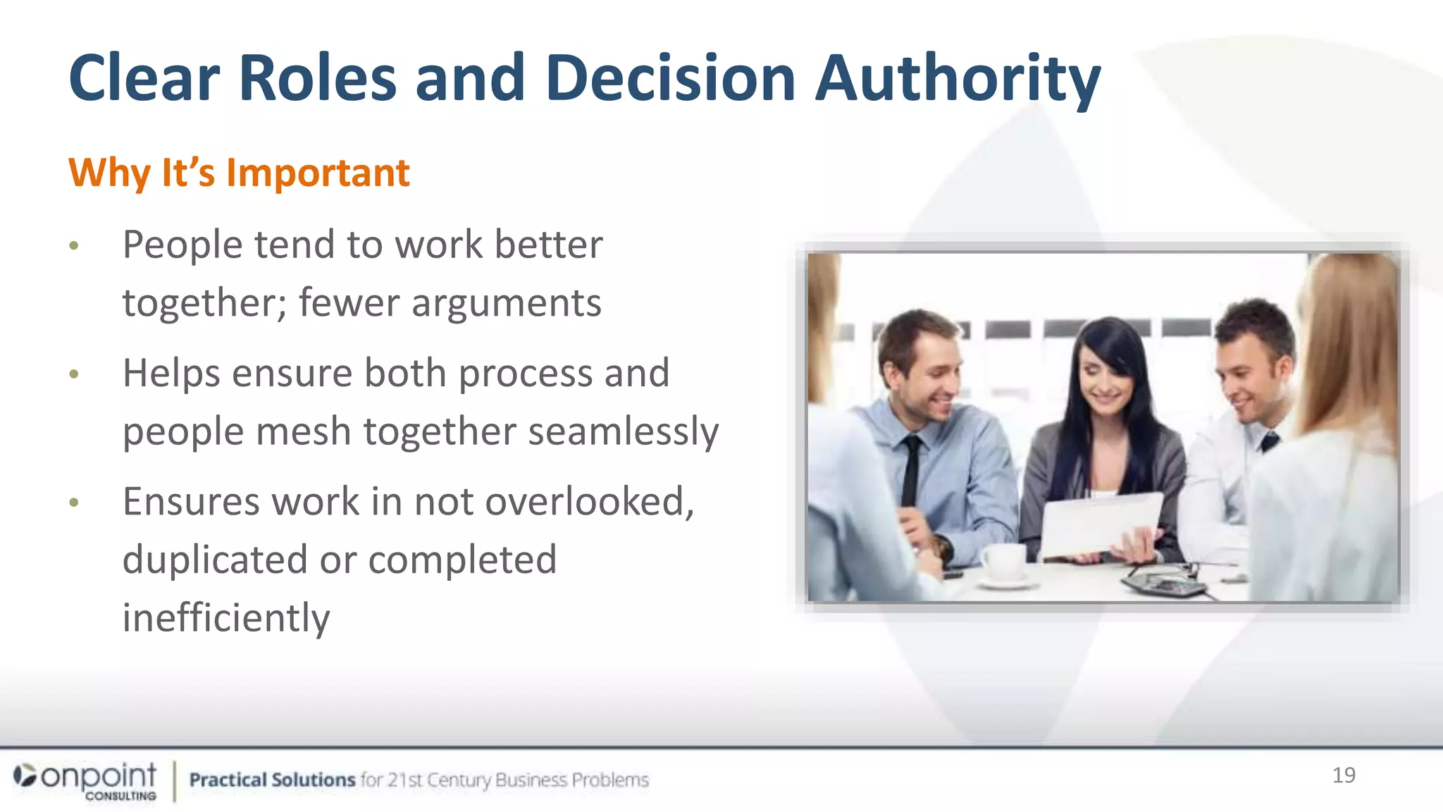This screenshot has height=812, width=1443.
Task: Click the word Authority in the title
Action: pyautogui.click(x=957, y=79)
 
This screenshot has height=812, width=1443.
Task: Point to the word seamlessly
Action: pyautogui.click(x=623, y=432)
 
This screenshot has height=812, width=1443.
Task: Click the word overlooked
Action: pyautogui.click(x=585, y=502)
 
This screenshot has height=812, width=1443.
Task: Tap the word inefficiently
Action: pyautogui.click(x=225, y=618)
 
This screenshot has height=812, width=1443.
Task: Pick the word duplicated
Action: pyautogui.click(x=215, y=560)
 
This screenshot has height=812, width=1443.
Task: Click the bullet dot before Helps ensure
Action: pyautogui.click(x=74, y=374)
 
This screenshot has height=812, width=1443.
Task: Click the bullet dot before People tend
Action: pyautogui.click(x=74, y=246)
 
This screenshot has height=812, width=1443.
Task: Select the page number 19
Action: pyautogui.click(x=1344, y=775)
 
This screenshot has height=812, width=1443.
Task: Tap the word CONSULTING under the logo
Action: pyautogui.click(x=120, y=796)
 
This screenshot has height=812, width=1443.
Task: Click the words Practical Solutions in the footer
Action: pyautogui.click(x=272, y=780)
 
